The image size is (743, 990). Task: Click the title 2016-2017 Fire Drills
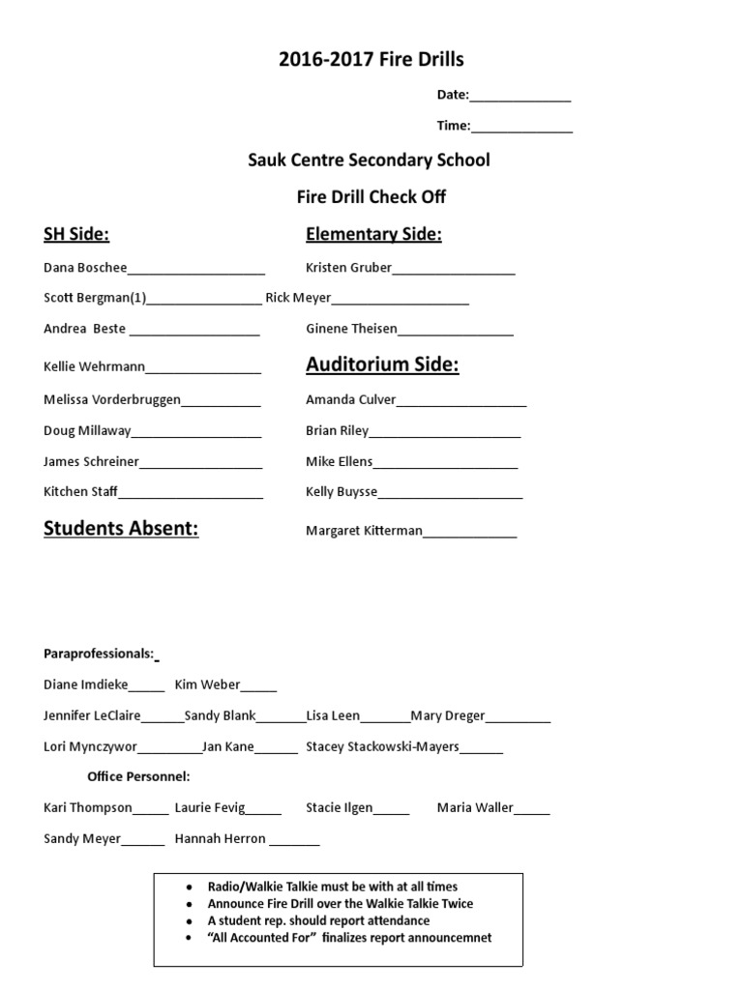tap(371, 60)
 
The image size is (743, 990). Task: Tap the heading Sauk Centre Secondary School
tap(369, 160)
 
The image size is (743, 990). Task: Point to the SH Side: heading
tap(76, 234)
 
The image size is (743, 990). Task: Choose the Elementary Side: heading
tap(373, 234)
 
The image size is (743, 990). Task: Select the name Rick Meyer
tap(298, 298)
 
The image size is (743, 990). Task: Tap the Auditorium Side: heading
tap(382, 364)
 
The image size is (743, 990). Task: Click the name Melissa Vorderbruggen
tap(112, 399)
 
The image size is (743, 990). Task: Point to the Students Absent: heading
tap(121, 529)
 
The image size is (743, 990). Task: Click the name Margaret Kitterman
tap(364, 531)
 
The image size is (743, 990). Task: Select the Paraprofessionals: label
tap(99, 655)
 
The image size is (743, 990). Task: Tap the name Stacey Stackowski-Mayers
tap(382, 746)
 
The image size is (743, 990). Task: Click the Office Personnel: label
tap(138, 776)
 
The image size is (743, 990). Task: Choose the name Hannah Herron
tap(220, 839)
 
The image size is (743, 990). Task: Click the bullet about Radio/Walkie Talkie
tap(333, 887)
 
